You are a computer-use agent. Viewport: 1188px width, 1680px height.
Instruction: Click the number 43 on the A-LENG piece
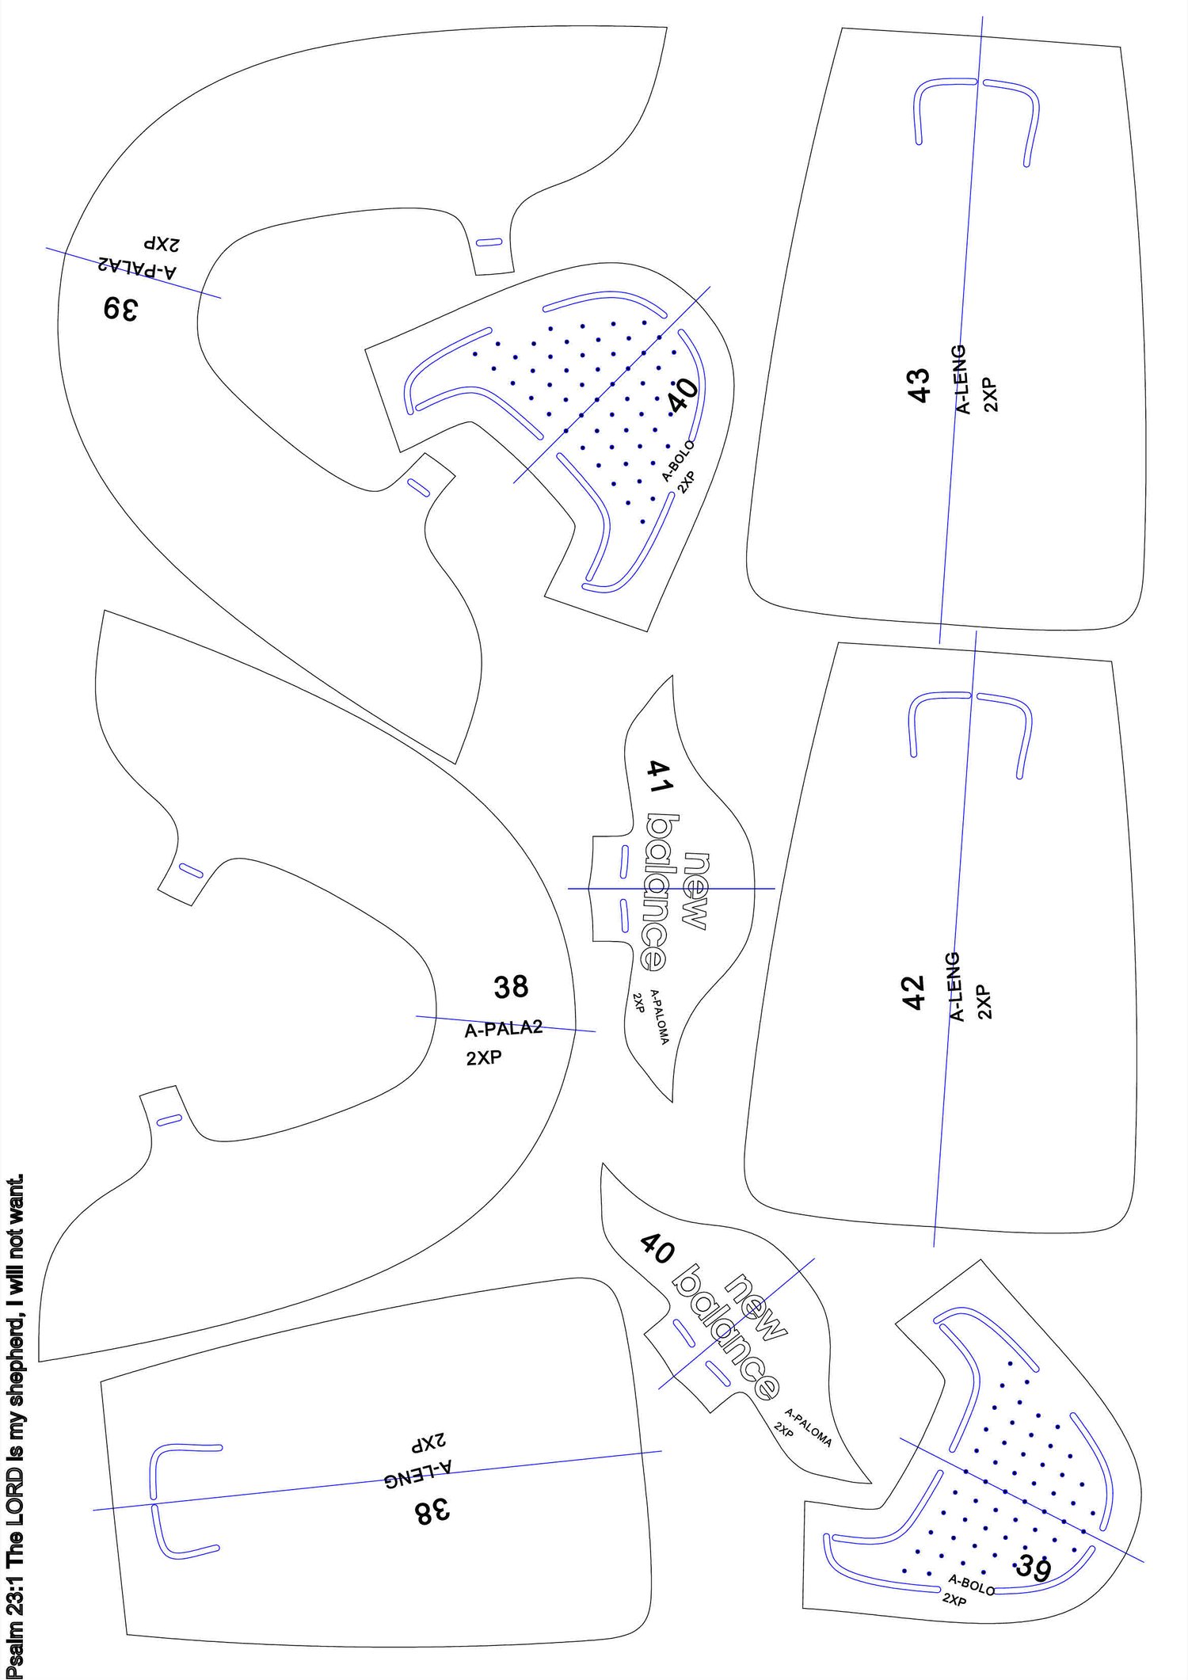pos(919,386)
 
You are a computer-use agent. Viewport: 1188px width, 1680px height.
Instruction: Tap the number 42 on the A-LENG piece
pos(914,992)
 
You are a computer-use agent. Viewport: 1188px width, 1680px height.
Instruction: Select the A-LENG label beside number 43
pos(960,379)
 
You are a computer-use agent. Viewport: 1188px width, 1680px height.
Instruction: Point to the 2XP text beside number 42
pos(984,1001)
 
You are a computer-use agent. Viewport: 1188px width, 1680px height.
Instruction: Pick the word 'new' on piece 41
pos(695,891)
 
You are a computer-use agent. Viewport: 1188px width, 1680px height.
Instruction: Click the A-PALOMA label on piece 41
pos(659,1016)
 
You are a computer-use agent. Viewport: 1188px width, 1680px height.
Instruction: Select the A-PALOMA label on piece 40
pos(808,1427)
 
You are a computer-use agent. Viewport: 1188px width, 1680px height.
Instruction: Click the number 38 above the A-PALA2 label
pos(511,987)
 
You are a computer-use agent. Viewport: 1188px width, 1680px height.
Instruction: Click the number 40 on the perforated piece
pos(682,395)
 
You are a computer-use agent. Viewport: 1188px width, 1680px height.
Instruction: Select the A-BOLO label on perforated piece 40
pos(678,461)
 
